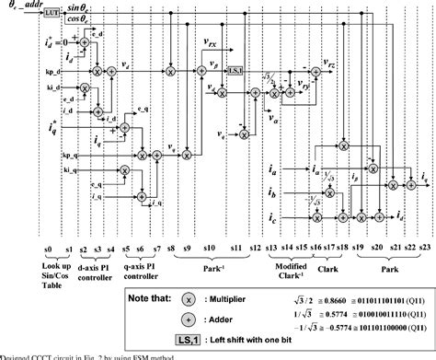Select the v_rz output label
click(x=325, y=65)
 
